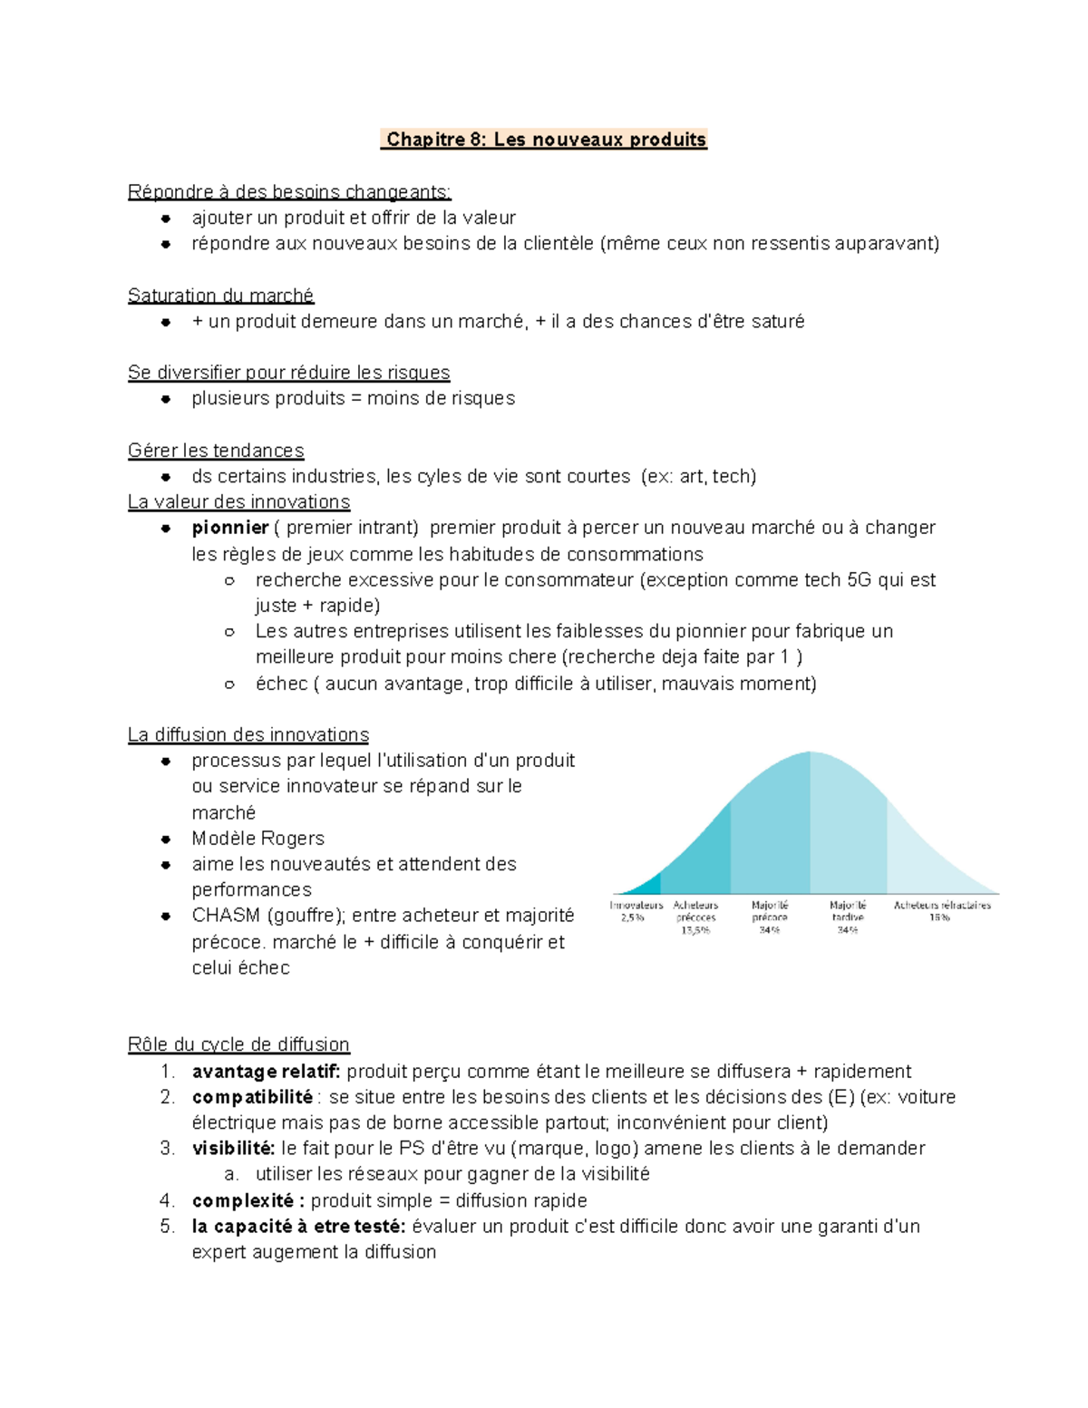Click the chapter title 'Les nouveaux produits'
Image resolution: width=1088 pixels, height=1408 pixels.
coord(599,140)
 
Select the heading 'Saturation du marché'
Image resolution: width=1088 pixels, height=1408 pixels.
coord(220,296)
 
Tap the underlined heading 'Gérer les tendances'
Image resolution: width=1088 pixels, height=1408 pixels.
coord(216,451)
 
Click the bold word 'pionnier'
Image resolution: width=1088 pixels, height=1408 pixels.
coord(230,528)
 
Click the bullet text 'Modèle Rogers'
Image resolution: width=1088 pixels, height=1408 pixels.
coord(257,839)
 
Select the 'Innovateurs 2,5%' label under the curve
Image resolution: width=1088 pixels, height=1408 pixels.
coord(636,911)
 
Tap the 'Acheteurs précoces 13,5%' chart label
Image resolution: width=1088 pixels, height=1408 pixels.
coord(695,917)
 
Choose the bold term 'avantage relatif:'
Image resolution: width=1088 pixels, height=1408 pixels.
coord(266,1072)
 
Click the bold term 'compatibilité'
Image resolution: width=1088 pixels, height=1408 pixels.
coord(252,1097)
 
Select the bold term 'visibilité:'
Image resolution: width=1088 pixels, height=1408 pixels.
coord(233,1149)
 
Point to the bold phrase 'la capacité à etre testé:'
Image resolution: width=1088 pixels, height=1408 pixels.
coord(298,1227)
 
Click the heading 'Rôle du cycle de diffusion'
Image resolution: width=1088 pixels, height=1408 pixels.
coord(238,1044)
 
